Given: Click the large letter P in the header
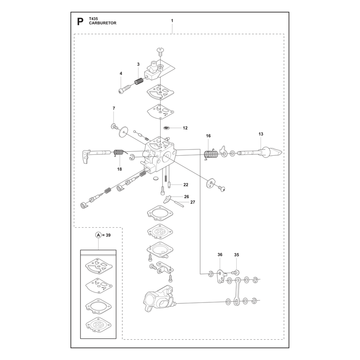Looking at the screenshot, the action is (80, 22).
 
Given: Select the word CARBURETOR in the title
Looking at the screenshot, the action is (103, 23).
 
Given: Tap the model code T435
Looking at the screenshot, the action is (94, 19).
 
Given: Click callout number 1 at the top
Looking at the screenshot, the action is (172, 21).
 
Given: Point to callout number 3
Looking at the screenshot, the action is (138, 64).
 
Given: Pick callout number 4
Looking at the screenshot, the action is (121, 73).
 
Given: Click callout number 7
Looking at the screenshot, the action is (114, 108).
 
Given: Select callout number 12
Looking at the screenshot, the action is (185, 128).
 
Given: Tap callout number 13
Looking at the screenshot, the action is (261, 134).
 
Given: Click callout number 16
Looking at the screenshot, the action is (208, 136).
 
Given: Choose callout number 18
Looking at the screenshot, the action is (119, 169).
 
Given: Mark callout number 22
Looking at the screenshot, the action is (186, 184).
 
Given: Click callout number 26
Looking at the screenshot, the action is (186, 197).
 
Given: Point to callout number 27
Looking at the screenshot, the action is (193, 202).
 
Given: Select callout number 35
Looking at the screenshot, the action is (237, 255).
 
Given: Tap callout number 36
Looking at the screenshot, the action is (220, 255).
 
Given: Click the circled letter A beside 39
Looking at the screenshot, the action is (98, 235).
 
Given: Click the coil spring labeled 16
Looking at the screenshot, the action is (211, 154).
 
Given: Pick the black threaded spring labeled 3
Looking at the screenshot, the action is (139, 81).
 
